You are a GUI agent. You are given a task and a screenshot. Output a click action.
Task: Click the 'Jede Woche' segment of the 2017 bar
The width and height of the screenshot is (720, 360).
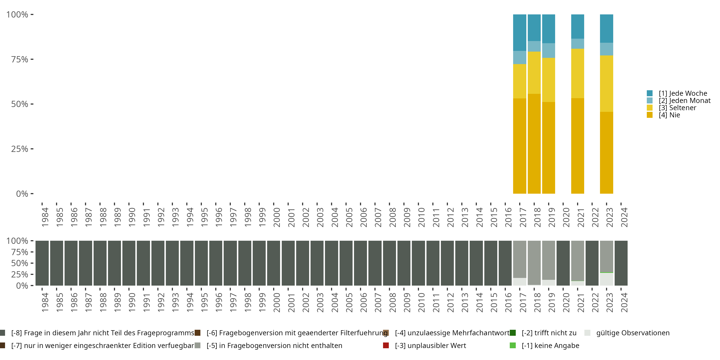pyautogui.click(x=520, y=32)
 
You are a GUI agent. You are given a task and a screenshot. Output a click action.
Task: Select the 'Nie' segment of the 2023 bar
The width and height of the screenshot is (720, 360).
pyautogui.click(x=606, y=153)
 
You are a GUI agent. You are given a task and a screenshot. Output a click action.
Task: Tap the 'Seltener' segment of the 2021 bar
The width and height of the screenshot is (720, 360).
pyautogui.click(x=577, y=73)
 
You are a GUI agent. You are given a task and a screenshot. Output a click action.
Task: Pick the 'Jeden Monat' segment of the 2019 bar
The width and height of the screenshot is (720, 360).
pyautogui.click(x=548, y=51)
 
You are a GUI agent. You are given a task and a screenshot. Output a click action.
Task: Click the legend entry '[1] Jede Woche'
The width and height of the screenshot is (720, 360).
pyautogui.click(x=683, y=93)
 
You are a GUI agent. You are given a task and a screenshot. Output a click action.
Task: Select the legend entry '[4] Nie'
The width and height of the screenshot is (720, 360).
pyautogui.click(x=669, y=115)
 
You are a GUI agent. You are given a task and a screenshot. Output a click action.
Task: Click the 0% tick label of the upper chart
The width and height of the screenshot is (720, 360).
pyautogui.click(x=22, y=194)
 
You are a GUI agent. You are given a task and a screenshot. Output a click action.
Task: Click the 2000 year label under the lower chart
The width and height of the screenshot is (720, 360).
pyautogui.click(x=277, y=302)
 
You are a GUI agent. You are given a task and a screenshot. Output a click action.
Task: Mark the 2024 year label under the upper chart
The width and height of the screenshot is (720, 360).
pyautogui.click(x=624, y=217)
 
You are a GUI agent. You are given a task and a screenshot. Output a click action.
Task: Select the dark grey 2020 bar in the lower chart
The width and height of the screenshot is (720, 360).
pyautogui.click(x=563, y=263)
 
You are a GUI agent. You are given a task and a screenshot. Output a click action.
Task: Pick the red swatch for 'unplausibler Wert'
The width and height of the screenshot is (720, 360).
pyautogui.click(x=386, y=345)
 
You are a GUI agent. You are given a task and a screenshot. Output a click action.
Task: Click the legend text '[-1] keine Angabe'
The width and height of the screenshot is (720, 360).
pyautogui.click(x=550, y=345)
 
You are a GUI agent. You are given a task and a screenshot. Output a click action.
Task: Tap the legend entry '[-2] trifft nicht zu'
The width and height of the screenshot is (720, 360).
pyautogui.click(x=549, y=333)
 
